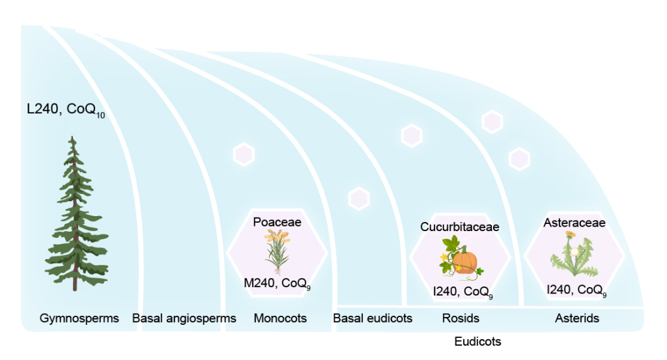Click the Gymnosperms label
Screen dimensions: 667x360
(79, 318)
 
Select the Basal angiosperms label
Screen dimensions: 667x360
(184, 318)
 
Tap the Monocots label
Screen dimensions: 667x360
(280, 318)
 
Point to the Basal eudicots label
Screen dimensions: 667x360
(373, 318)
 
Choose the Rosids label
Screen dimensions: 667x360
(461, 318)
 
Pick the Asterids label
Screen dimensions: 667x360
(577, 318)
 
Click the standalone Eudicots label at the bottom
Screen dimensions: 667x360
(477, 341)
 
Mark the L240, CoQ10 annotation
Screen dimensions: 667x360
(66, 109)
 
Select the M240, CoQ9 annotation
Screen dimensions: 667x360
(277, 283)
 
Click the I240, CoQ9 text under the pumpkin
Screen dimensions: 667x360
(463, 292)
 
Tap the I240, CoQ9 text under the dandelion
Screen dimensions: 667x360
(576, 290)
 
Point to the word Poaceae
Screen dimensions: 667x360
(277, 222)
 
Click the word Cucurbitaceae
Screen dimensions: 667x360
(459, 227)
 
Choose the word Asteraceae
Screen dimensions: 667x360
(575, 223)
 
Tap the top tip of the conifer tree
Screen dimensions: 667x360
(73, 137)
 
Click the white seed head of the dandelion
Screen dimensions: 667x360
(575, 252)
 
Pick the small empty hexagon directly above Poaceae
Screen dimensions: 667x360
(244, 154)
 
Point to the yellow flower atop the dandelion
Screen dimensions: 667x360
(571, 234)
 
